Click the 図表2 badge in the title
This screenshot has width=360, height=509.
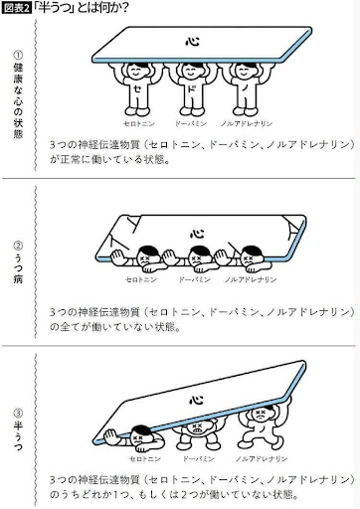click(17, 8)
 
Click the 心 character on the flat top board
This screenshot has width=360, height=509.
click(192, 42)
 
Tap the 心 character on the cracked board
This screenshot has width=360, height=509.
click(197, 233)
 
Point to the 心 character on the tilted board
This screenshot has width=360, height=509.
click(196, 400)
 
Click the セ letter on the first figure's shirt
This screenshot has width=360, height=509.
click(137, 88)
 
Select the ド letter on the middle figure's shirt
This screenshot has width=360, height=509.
click(192, 88)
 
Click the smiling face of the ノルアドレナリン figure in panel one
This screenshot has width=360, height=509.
click(245, 71)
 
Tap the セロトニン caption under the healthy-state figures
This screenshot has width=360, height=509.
click(139, 124)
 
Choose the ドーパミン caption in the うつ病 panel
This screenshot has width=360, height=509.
click(195, 279)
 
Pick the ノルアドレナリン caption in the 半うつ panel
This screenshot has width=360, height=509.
click(262, 459)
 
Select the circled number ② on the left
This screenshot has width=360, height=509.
click(18, 246)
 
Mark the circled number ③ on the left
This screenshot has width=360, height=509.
click(18, 414)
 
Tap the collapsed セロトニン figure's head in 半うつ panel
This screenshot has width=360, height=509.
click(140, 435)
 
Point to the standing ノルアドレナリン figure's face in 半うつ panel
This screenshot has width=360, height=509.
click(262, 414)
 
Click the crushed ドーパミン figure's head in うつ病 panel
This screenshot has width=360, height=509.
click(198, 255)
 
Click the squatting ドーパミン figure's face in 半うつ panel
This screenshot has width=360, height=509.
click(197, 428)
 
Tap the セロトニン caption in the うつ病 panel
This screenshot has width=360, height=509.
click(141, 279)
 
